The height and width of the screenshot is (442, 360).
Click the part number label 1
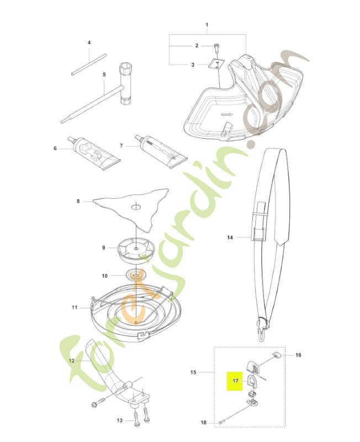tap(207, 25)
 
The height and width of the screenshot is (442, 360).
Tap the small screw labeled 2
tap(216, 47)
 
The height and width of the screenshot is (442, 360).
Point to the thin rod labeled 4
tap(89, 64)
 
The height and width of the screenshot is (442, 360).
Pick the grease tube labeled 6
tap(94, 153)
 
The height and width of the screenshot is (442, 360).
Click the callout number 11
tap(75, 307)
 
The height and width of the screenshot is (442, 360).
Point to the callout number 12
tap(72, 360)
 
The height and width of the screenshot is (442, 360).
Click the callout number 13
tap(120, 420)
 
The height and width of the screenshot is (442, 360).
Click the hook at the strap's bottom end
tap(262, 330)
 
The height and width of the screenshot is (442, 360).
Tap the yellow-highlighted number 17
tap(236, 381)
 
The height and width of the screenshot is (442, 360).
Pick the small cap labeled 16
tap(277, 355)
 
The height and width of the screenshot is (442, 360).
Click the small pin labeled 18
tap(221, 422)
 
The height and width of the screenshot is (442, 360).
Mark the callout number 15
tap(193, 372)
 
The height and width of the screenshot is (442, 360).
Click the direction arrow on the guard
tap(227, 114)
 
